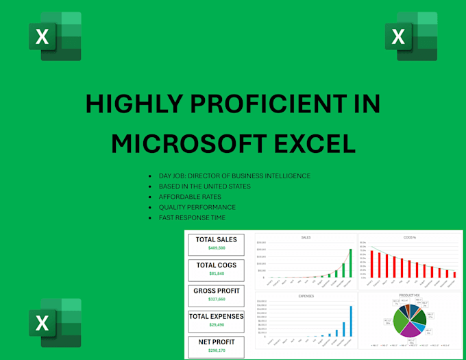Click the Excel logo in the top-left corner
(55, 36)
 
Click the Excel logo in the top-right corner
(411, 36)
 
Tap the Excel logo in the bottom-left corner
(55, 323)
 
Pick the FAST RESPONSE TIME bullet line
(191, 217)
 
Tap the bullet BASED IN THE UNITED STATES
(204, 187)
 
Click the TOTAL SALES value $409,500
(216, 248)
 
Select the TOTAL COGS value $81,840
(216, 274)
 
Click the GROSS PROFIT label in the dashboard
(216, 291)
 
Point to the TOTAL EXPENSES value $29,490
(216, 324)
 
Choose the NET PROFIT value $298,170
(216, 350)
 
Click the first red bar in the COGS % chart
(372, 263)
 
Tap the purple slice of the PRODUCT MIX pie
(410, 329)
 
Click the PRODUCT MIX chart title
(409, 296)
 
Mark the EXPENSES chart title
(306, 296)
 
